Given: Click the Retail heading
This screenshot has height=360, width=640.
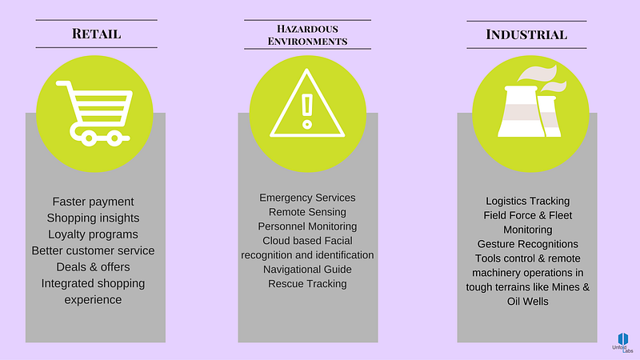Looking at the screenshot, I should pos(96,34).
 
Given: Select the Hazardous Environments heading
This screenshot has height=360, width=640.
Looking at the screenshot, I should pos(307,34).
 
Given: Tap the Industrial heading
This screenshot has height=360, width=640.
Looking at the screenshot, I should pos(526,34).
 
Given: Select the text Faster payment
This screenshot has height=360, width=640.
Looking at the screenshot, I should pos(93,202).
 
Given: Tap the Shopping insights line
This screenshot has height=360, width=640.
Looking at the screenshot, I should pos(93,218).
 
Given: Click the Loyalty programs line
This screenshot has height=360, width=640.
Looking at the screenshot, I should pos(93,234).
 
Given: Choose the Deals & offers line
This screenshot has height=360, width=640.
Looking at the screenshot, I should pos(93,266).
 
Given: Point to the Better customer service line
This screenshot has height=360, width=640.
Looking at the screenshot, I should pos(93,250).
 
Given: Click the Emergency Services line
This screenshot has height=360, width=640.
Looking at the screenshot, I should pos(307,198).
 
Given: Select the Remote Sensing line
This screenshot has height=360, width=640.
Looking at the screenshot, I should pos(307,212).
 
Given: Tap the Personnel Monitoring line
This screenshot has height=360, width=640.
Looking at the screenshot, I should pos(307,226).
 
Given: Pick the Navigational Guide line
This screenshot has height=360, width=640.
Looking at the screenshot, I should pos(307,270).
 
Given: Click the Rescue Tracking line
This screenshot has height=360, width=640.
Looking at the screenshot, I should pos(307,284).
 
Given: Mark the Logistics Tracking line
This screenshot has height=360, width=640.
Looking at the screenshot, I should pos(527,201).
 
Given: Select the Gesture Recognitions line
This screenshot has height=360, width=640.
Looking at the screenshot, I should pos(527,244).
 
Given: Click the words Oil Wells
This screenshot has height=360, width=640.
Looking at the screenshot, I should pos(527,302).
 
